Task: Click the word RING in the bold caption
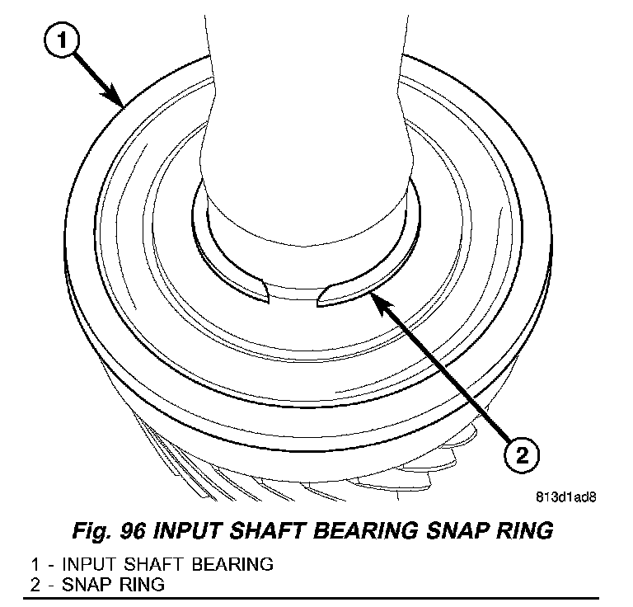click(520, 529)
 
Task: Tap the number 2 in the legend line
click(35, 585)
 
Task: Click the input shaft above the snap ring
click(305, 124)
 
